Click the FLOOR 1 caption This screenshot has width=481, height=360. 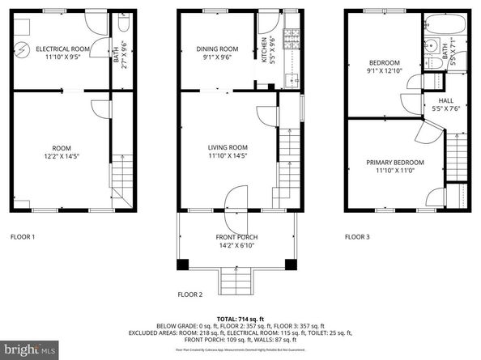point(23,237)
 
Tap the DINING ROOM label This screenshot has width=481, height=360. point(218,53)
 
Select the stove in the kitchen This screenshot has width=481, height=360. point(290,37)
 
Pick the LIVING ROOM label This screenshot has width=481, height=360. point(228,152)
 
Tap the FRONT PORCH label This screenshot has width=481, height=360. point(236,241)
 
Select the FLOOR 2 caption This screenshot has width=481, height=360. point(190,294)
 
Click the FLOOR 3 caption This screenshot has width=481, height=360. point(357,237)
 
